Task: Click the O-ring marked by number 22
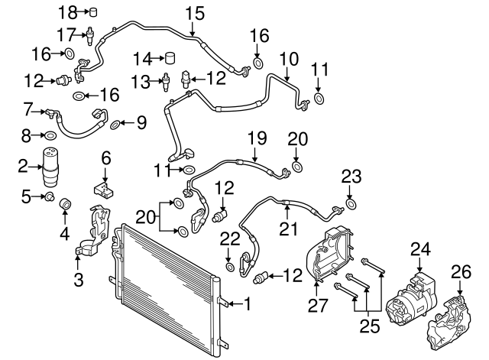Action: pos(230,265)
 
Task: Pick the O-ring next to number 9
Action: pos(115,124)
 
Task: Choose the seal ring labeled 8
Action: pos(49,136)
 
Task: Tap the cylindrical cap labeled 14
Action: pos(170,58)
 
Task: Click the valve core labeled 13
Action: pos(166,79)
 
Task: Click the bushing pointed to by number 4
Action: pos(66,204)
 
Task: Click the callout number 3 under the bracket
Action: pos(79,280)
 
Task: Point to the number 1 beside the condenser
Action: pos(247,303)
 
